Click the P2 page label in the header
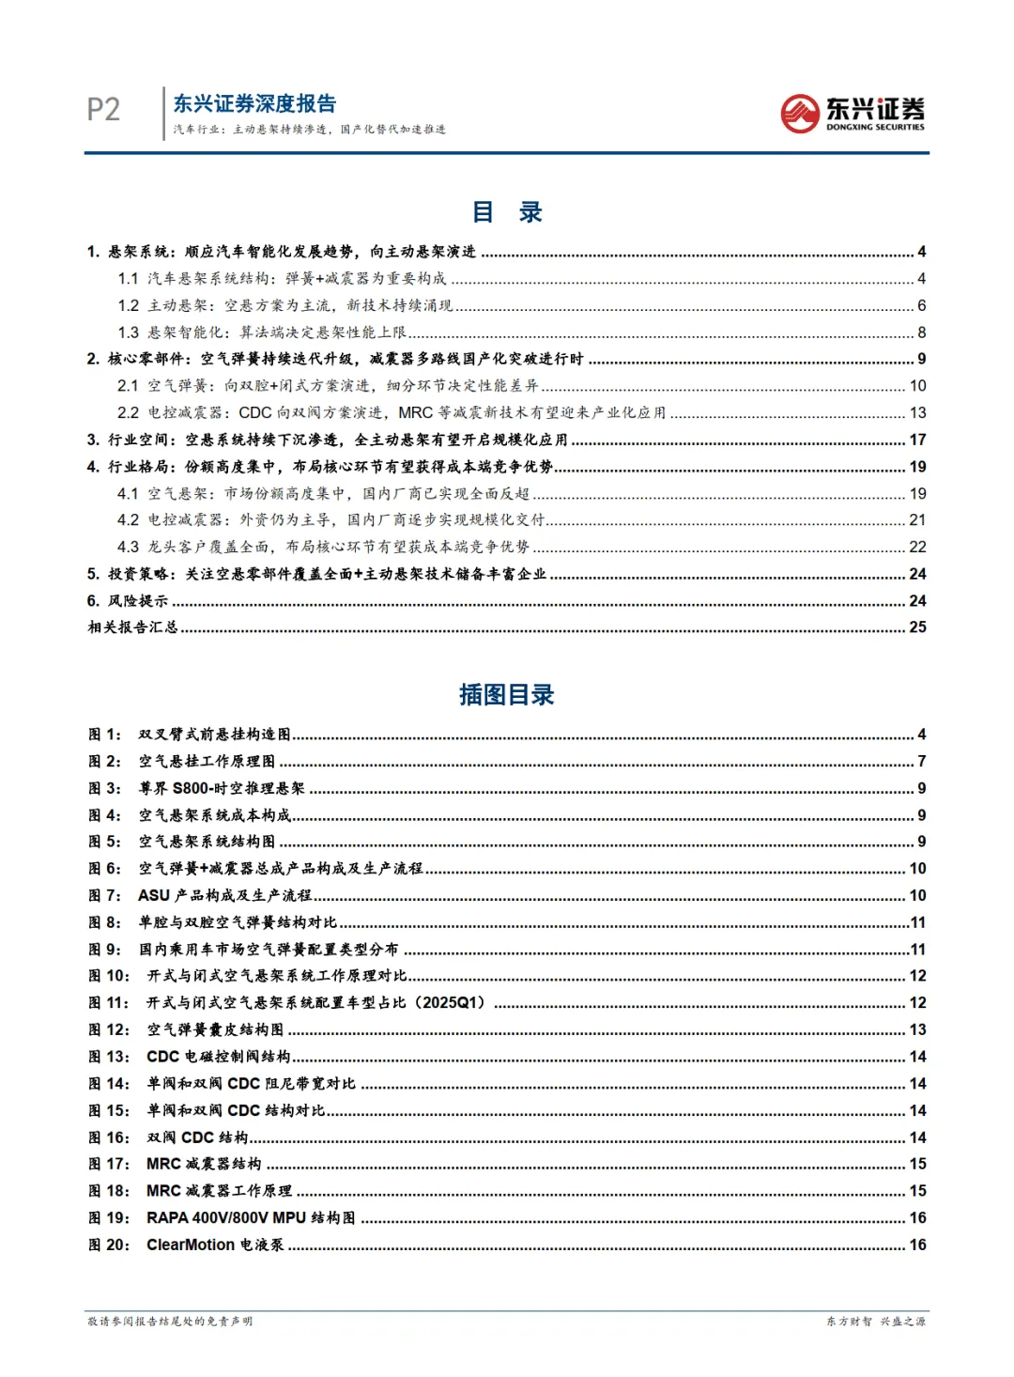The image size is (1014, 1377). (x=103, y=110)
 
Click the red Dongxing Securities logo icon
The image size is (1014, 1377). (x=800, y=114)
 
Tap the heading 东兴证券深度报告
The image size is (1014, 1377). (x=254, y=103)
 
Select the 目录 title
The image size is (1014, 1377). (x=507, y=212)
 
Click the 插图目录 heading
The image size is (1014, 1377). (x=507, y=695)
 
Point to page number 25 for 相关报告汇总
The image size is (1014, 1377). (x=917, y=627)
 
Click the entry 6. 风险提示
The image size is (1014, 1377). (x=128, y=601)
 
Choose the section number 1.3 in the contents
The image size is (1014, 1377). (x=128, y=333)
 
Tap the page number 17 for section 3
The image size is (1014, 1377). (x=917, y=440)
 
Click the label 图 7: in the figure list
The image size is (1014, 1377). (x=105, y=896)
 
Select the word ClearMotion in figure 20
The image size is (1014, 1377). (x=191, y=1245)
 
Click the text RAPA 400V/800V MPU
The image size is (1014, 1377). (x=226, y=1218)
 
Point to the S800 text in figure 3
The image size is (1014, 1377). (x=194, y=789)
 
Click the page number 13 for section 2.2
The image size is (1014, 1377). (x=917, y=413)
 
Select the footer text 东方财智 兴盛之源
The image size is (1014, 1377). (x=876, y=1322)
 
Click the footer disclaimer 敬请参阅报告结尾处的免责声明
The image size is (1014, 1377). (x=170, y=1322)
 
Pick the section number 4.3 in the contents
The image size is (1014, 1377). (x=128, y=548)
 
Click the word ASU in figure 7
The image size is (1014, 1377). (x=154, y=896)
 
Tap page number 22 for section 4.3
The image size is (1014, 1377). (x=917, y=548)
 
